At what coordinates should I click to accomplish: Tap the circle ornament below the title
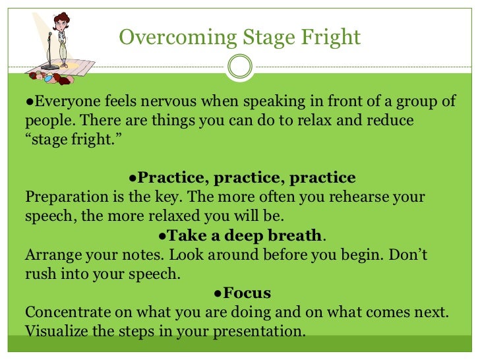(x=239, y=67)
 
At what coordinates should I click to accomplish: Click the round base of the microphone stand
(x=49, y=67)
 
